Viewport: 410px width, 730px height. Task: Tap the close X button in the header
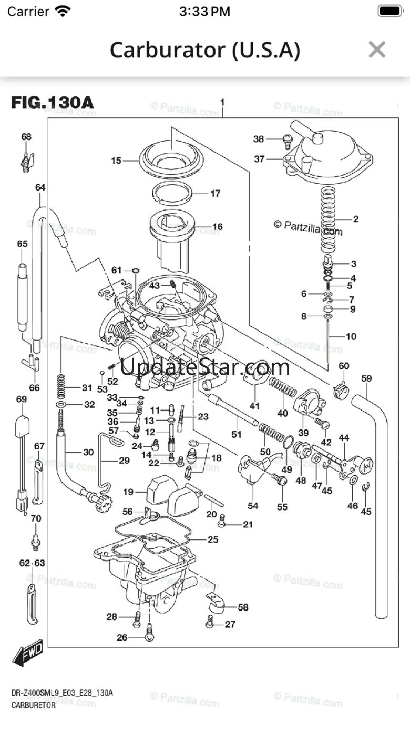377,49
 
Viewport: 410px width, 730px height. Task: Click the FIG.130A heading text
53,102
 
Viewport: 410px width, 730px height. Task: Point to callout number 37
259,158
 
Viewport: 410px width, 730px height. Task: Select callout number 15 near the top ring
116,161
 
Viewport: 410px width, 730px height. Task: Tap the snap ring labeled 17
177,192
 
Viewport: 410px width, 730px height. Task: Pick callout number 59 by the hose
366,378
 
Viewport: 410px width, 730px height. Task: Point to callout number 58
243,607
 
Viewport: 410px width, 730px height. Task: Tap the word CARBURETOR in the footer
33,706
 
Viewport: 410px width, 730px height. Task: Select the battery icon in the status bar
389,11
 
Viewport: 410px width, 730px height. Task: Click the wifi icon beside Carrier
63,11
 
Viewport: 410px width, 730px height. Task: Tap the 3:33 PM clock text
204,11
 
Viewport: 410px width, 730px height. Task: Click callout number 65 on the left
22,244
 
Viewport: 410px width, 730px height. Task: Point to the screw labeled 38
287,139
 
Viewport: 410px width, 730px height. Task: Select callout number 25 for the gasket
212,539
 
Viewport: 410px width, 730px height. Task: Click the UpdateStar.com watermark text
205,367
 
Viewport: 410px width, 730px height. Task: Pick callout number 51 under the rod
237,434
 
